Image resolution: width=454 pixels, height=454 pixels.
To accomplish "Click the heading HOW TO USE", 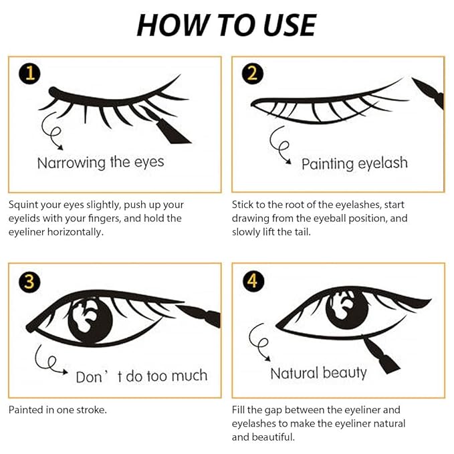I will (226, 25).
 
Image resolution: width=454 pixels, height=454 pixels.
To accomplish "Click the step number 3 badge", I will (27, 281).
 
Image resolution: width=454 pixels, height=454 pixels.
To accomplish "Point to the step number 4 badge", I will (251, 281).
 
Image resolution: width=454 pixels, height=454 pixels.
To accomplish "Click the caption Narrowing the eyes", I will (100, 162).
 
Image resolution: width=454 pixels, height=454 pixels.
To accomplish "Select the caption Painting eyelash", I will (354, 163).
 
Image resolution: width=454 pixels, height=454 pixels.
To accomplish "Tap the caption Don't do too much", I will (141, 376).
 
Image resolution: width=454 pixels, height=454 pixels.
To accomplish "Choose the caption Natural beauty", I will (318, 372).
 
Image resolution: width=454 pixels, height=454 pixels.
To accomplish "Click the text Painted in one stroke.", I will (58, 410).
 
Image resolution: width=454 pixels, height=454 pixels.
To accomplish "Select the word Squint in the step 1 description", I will (23, 205).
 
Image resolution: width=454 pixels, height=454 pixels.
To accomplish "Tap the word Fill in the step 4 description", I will (240, 410).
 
